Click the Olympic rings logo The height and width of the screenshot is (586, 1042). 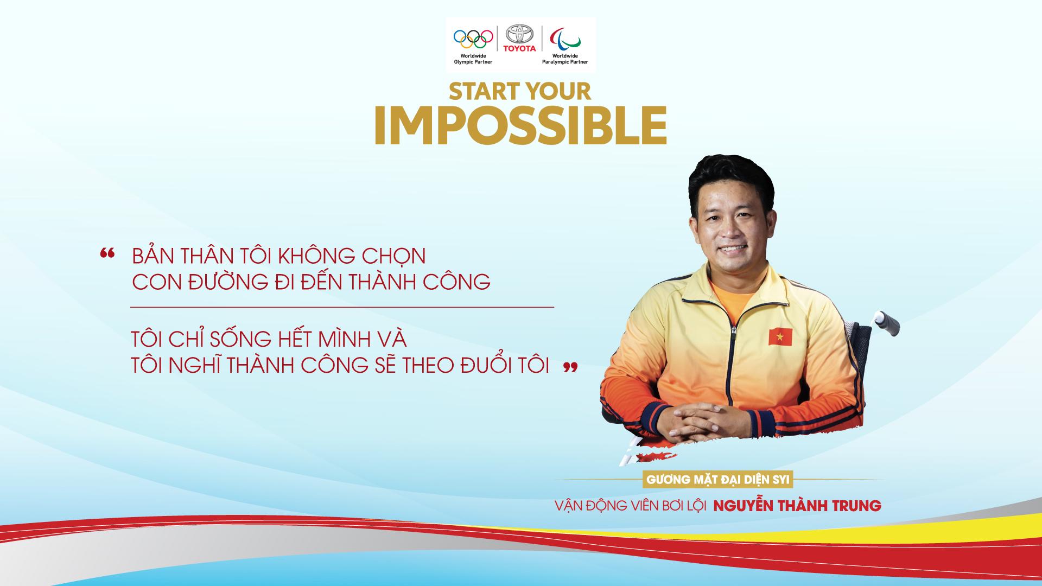pos(473,39)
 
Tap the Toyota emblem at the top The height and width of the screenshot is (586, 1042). pos(519,34)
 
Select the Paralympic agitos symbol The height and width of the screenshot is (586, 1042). pos(565,39)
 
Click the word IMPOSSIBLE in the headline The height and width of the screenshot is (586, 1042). pos(520,125)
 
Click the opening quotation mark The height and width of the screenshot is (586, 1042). pos(107,253)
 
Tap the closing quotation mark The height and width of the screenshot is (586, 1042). pos(570,367)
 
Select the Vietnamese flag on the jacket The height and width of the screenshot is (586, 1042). pos(780,336)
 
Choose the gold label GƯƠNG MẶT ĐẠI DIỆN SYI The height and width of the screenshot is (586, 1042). pos(717,480)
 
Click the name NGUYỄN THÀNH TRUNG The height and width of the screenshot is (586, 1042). pos(797,506)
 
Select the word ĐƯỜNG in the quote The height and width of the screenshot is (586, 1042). pos(228,282)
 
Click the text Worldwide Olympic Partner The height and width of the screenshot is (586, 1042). pos(473,59)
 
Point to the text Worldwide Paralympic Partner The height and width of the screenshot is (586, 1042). pos(565,59)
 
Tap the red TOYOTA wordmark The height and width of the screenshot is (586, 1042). pos(519,48)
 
